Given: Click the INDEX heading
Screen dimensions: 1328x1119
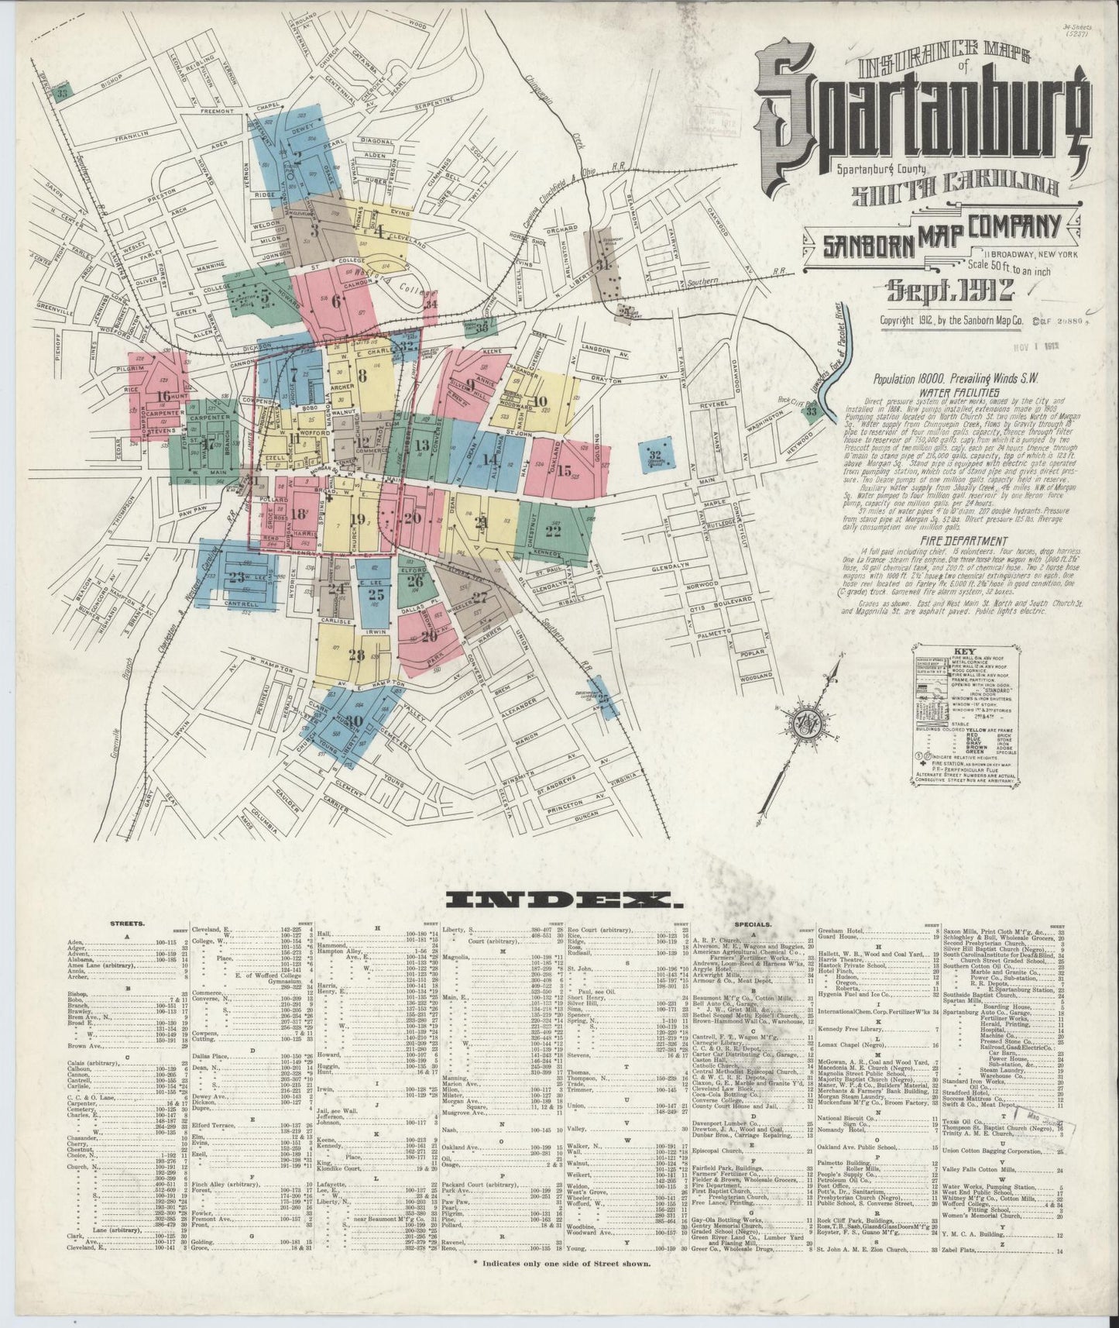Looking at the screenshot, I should coord(560,900).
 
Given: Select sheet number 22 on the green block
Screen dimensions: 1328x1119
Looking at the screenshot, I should coord(553,531).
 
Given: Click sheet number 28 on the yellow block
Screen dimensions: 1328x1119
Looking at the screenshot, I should coord(356,655).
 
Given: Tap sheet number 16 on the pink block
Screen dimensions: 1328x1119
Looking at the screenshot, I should coord(163,396).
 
